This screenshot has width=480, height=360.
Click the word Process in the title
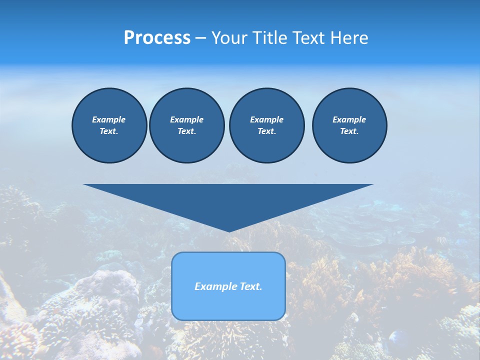(157, 38)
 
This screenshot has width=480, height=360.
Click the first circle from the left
(109, 125)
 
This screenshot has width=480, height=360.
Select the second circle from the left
(186, 125)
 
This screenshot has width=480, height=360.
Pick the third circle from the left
(266, 125)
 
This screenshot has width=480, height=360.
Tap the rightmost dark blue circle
(349, 125)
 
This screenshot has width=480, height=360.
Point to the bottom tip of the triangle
(229, 231)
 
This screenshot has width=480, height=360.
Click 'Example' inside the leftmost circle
(109, 119)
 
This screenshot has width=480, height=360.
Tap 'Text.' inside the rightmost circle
(349, 131)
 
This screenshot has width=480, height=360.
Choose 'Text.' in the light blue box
(251, 286)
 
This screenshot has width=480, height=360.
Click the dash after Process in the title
(201, 38)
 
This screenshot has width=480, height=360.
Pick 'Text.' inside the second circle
(186, 131)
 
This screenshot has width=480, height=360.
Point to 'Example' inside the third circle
(266, 119)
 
